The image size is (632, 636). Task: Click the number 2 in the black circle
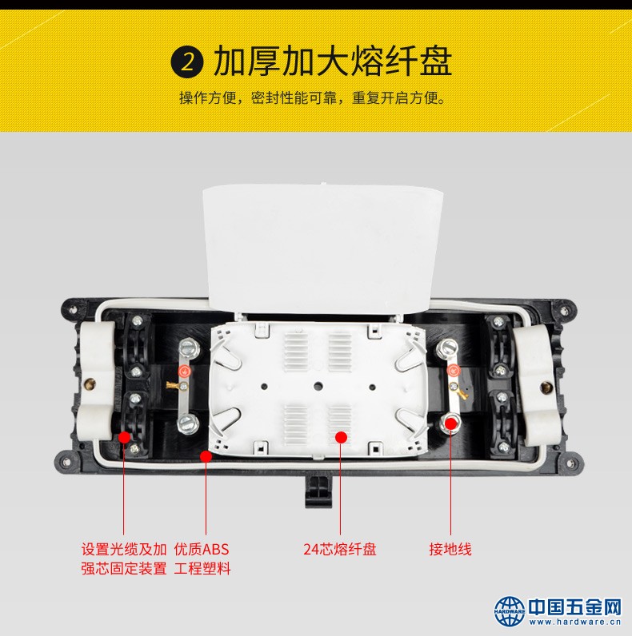[x=187, y=62]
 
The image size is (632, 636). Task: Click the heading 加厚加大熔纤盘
[x=333, y=62]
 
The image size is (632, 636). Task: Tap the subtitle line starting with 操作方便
[x=313, y=98]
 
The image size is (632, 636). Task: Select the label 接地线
[x=450, y=549]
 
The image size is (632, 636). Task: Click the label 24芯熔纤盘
[x=340, y=549]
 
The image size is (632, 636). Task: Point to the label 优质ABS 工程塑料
[x=202, y=559]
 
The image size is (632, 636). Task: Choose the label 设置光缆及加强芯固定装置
[x=124, y=559]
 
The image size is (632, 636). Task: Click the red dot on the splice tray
[x=341, y=437]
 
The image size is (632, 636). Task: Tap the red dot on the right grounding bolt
[x=451, y=423]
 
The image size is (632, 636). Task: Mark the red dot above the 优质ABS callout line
[x=206, y=457]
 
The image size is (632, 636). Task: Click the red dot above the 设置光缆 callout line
[x=124, y=437]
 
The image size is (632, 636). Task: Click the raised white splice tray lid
[x=323, y=248]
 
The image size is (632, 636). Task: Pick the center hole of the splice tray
[x=318, y=385]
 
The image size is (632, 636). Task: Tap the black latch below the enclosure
[x=318, y=491]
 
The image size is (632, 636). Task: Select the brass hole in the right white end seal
[x=546, y=388]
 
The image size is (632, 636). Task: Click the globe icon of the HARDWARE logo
[x=510, y=611]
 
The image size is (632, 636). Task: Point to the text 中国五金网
[x=575, y=606]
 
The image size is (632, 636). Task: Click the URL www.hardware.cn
[x=575, y=622]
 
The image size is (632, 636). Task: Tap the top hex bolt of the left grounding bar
[x=189, y=349]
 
